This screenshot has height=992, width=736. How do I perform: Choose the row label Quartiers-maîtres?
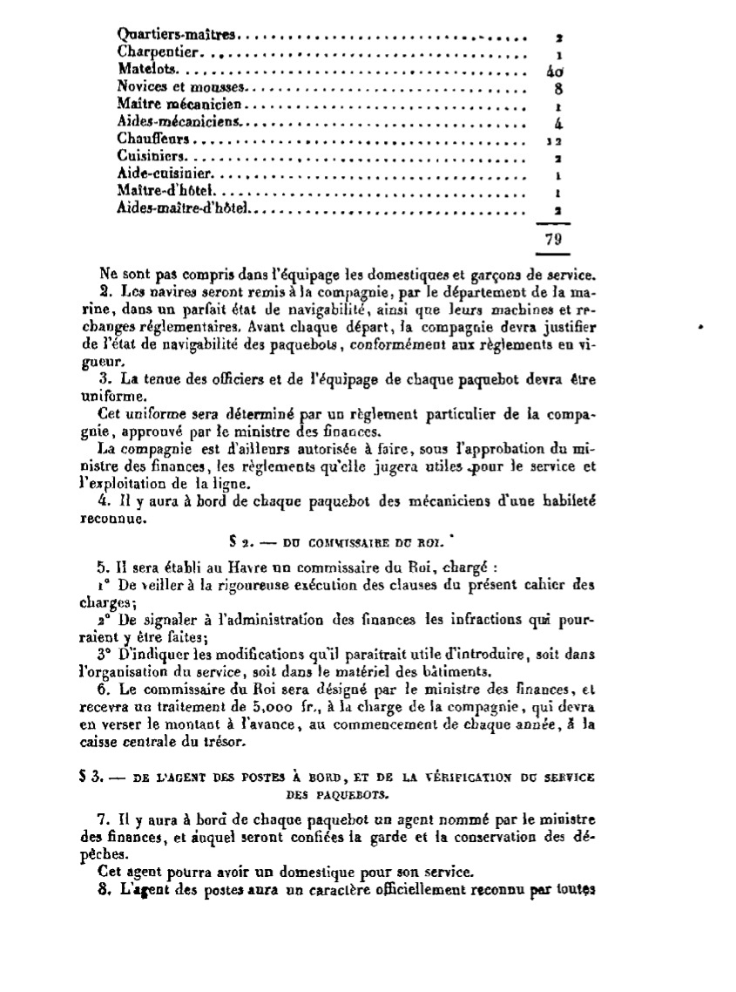[176, 35]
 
